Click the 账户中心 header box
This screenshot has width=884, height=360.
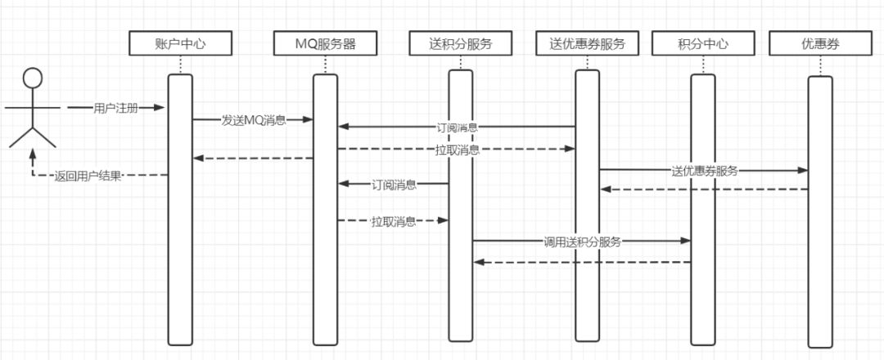click(x=180, y=43)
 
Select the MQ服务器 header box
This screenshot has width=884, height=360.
click(x=325, y=43)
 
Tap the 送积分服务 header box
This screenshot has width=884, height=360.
click(x=460, y=43)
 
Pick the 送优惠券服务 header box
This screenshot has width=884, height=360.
click(x=587, y=43)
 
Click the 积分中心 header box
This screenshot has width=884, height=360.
click(x=702, y=43)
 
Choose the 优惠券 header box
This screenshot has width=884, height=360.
click(x=819, y=43)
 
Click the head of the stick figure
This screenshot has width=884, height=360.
click(x=32, y=79)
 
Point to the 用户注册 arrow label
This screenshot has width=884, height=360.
click(x=116, y=108)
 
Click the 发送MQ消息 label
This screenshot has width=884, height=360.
click(x=254, y=120)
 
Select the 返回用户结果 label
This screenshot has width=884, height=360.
click(x=88, y=175)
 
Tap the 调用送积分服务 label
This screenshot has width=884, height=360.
click(x=582, y=241)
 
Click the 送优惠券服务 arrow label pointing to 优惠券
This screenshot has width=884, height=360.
click(x=704, y=171)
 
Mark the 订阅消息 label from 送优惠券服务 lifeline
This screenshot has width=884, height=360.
click(x=458, y=128)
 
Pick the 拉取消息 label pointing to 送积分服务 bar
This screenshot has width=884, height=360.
click(x=393, y=221)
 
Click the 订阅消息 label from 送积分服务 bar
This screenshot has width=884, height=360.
click(x=395, y=184)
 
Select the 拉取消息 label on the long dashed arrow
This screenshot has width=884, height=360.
click(x=458, y=150)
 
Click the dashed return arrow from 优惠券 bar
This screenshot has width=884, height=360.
click(x=704, y=189)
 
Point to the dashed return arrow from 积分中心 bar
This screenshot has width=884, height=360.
click(x=582, y=262)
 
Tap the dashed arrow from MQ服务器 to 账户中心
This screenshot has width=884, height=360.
click(x=254, y=159)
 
